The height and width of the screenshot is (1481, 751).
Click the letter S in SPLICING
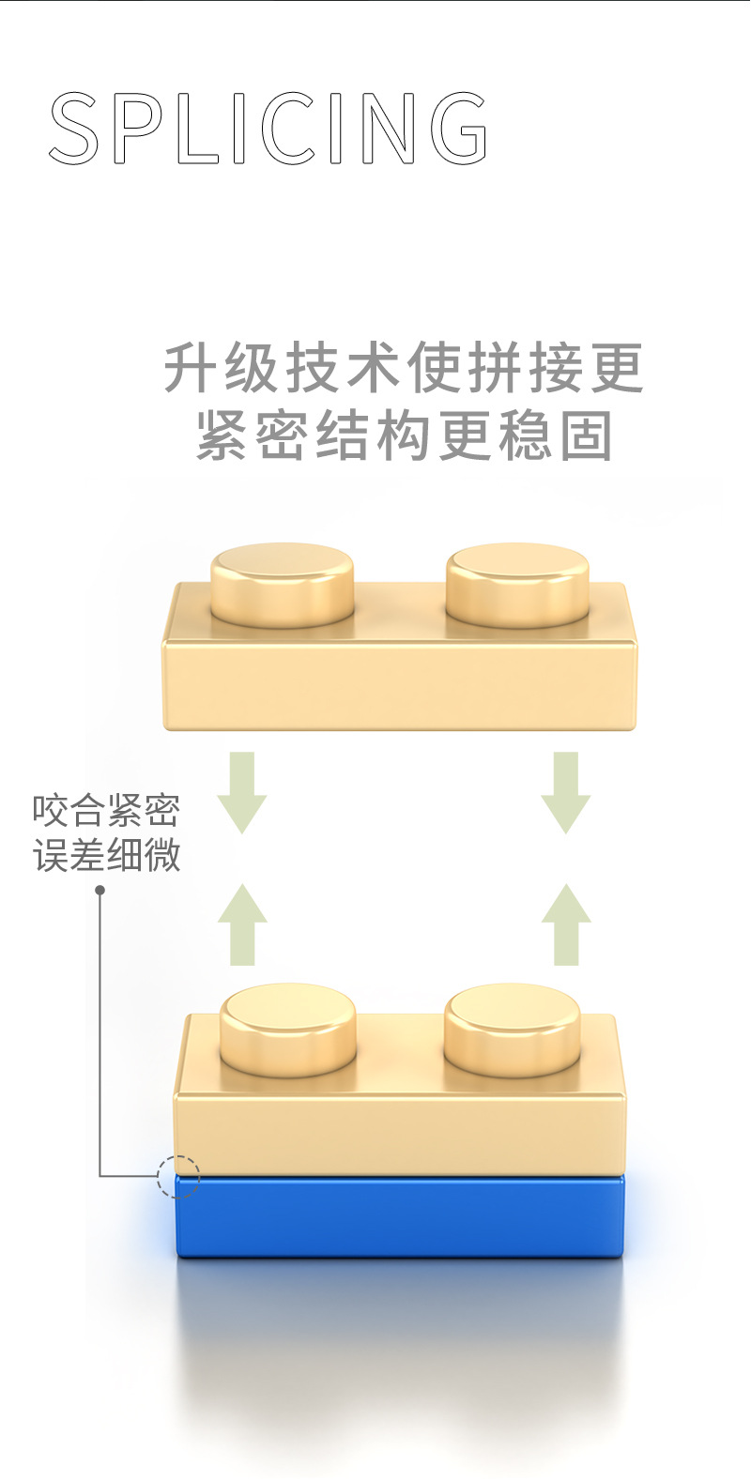click(x=74, y=129)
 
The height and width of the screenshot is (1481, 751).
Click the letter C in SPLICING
click(x=287, y=129)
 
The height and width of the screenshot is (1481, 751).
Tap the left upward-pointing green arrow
click(x=242, y=924)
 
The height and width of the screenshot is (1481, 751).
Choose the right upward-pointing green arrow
click(x=566, y=924)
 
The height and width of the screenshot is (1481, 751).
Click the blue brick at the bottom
click(x=399, y=1216)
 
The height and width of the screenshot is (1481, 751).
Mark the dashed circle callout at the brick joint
click(x=178, y=1175)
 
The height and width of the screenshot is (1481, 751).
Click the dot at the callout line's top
click(x=100, y=890)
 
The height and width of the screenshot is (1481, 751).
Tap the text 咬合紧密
click(x=106, y=811)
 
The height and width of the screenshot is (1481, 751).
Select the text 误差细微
click(x=106, y=856)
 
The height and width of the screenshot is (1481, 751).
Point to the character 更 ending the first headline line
click(x=617, y=367)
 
